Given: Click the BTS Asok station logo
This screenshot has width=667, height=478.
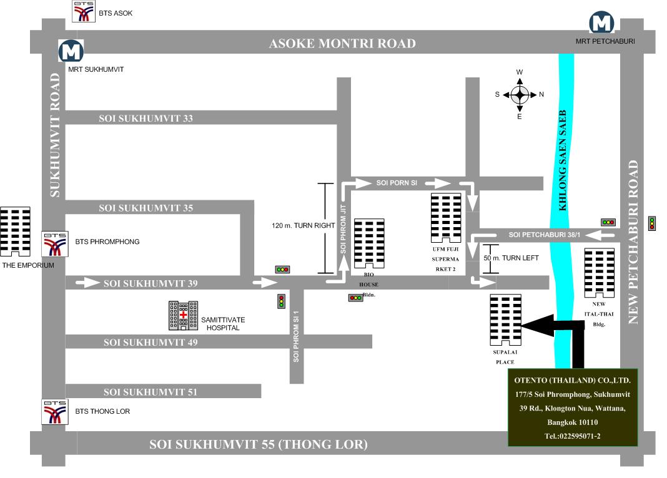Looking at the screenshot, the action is (84, 11).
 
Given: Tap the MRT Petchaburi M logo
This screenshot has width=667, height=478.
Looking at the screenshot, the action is (601, 23).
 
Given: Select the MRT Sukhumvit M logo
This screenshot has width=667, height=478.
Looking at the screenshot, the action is (71, 51).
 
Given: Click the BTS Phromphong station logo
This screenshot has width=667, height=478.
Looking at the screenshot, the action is (55, 244).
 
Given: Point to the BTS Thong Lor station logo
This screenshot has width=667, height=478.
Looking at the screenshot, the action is (55, 412).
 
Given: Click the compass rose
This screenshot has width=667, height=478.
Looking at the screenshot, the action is (520, 95).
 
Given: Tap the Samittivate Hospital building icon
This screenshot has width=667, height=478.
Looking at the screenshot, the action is (184, 315).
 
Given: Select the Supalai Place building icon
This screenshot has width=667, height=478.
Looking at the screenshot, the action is (505, 320).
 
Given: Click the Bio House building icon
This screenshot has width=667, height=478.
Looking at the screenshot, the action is (369, 243).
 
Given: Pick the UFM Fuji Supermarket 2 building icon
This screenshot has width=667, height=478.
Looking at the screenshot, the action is (446, 218).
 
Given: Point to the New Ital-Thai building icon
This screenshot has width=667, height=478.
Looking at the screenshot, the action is (599, 273).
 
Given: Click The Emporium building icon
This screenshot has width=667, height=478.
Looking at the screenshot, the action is (16, 232).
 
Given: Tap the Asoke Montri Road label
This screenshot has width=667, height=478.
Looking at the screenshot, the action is (342, 43).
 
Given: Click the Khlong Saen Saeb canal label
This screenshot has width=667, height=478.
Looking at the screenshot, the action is (562, 160).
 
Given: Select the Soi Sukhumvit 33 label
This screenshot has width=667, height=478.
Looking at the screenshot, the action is (146, 119).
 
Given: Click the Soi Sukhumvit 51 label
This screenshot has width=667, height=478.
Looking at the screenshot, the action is (151, 392).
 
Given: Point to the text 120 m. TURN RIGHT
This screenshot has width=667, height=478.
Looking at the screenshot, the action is (304, 226).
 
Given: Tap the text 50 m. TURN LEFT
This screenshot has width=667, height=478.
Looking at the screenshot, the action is (511, 258).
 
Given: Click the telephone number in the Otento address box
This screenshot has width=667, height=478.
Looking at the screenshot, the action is (573, 436).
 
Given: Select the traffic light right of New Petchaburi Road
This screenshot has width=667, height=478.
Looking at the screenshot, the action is (651, 223).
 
